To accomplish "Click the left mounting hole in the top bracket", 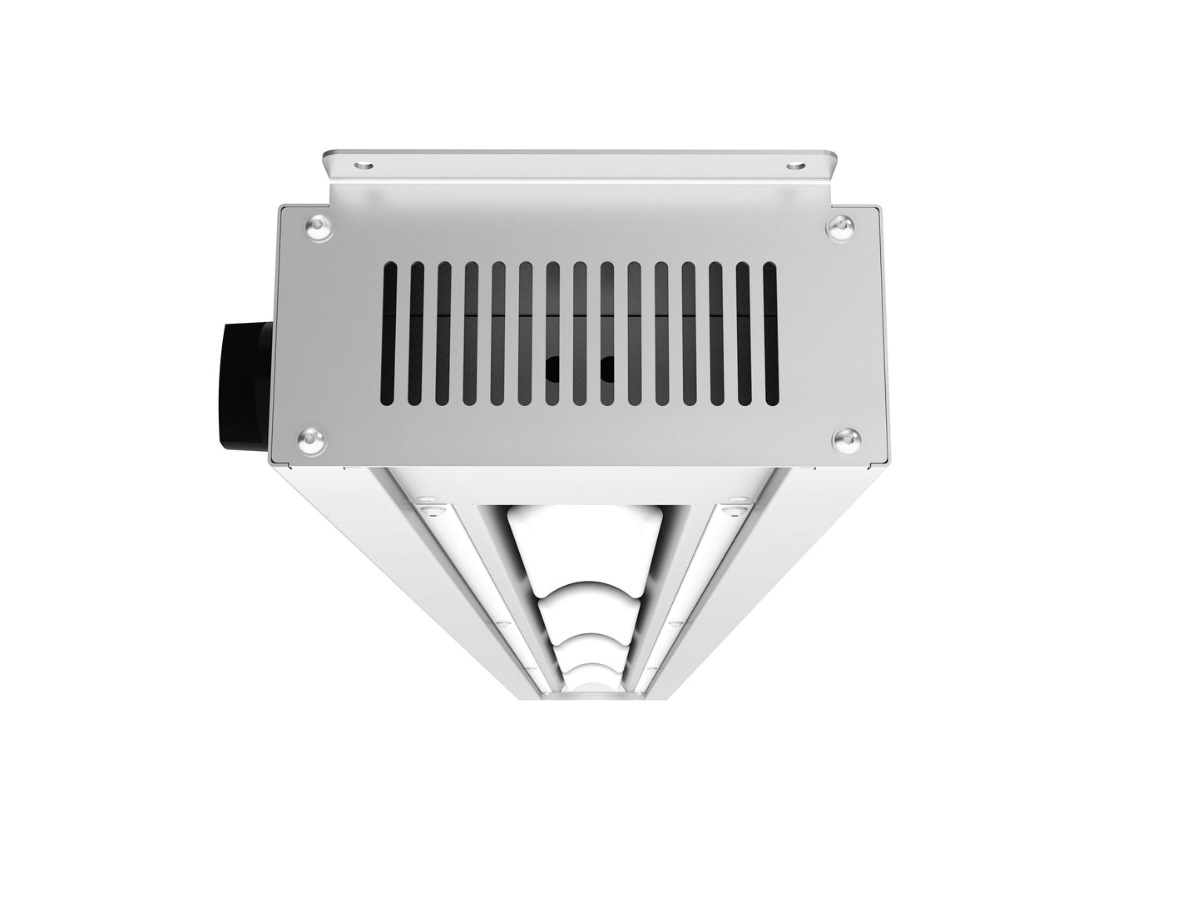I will click(362, 165).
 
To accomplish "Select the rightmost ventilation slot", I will click(769, 334).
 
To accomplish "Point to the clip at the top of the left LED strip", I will click(429, 505).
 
